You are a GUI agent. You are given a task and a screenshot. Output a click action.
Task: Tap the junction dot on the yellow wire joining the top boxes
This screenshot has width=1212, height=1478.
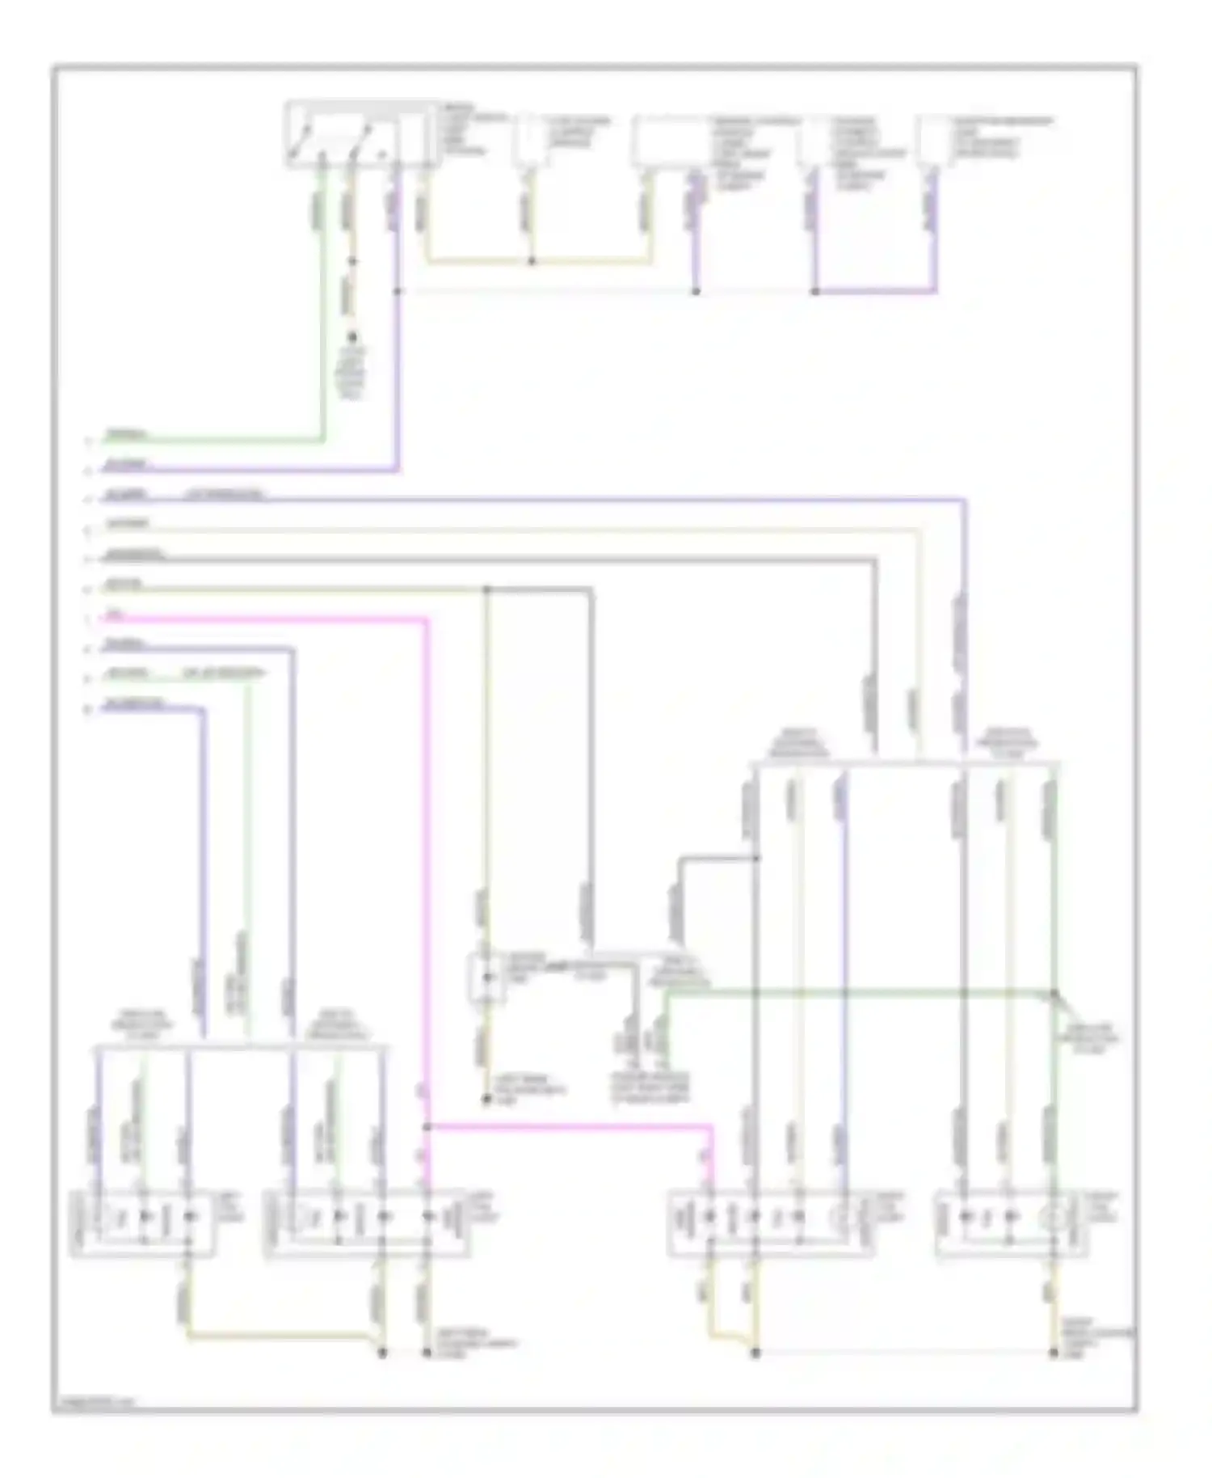(532, 261)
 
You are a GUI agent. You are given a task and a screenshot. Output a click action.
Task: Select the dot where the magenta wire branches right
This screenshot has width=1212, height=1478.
(427, 1126)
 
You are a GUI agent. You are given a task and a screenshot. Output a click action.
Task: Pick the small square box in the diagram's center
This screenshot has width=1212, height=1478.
(486, 978)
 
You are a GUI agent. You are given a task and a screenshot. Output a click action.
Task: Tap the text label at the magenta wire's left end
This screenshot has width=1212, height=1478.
(115, 616)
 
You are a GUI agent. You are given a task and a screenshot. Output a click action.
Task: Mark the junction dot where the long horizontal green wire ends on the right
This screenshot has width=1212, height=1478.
(1054, 993)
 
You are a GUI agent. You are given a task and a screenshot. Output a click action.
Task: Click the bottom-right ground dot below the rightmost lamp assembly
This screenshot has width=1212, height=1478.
(1054, 1353)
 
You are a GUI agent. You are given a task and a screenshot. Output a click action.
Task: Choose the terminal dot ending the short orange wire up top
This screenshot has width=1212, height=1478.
(351, 339)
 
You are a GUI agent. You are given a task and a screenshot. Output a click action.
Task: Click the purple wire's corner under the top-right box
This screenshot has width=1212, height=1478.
(936, 290)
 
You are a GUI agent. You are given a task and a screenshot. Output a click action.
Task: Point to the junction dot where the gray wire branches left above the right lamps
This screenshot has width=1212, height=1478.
(755, 858)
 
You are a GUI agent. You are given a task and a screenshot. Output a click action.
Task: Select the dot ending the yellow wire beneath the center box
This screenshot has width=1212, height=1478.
(486, 1100)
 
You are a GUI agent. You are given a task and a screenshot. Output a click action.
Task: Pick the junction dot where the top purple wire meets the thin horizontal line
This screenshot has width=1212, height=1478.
(397, 290)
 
